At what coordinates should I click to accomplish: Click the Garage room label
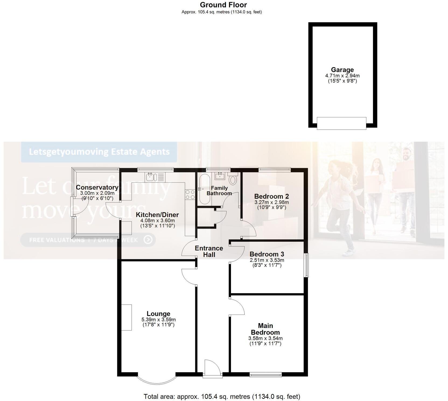click(x=342, y=70)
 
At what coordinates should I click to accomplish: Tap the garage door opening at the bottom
click(x=341, y=123)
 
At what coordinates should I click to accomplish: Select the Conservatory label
click(x=97, y=187)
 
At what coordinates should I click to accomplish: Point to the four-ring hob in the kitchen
click(x=190, y=194)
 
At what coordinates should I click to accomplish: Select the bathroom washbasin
click(x=220, y=176)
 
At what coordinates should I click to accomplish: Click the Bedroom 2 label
click(x=271, y=196)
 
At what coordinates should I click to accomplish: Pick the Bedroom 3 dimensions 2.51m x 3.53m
click(x=267, y=260)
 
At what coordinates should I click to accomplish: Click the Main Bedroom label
click(x=265, y=329)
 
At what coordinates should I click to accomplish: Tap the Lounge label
click(x=158, y=314)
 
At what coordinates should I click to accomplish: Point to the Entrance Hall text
click(x=209, y=251)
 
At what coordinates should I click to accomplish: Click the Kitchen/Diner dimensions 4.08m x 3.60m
click(x=157, y=221)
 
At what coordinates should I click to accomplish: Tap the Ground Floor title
click(x=223, y=5)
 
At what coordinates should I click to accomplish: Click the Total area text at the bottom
click(x=222, y=396)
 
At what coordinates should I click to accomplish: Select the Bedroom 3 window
click(x=306, y=265)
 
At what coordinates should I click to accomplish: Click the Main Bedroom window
click(x=265, y=374)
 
